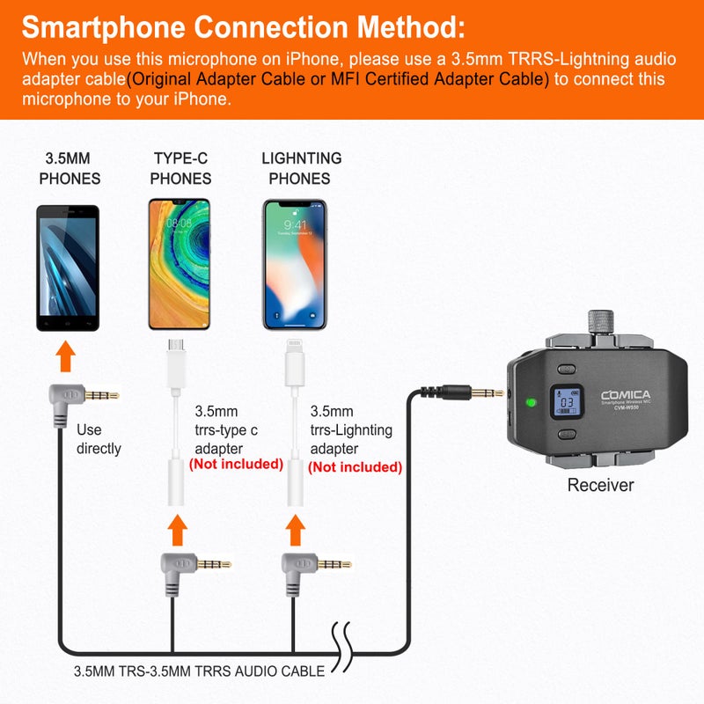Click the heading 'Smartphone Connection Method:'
[243, 27]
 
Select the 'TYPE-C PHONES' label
[180, 168]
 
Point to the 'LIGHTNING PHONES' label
[302, 168]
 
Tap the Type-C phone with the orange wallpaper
[180, 264]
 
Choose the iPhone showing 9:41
[295, 264]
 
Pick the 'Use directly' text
[99, 439]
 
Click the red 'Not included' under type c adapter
[236, 464]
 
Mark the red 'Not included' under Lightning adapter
[355, 467]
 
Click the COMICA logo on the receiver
[626, 395]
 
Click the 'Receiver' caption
[600, 485]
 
